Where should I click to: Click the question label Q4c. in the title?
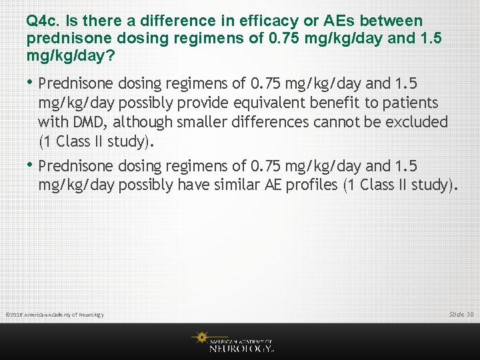pyautogui.click(x=43, y=21)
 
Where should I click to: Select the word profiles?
pyautogui.click(x=312, y=185)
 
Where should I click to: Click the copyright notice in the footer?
pyautogui.click(x=55, y=315)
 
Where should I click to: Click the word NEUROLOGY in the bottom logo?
pyautogui.click(x=241, y=347)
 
